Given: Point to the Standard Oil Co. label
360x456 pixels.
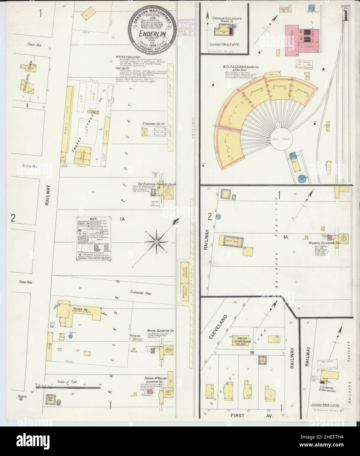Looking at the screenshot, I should click(x=153, y=124).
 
